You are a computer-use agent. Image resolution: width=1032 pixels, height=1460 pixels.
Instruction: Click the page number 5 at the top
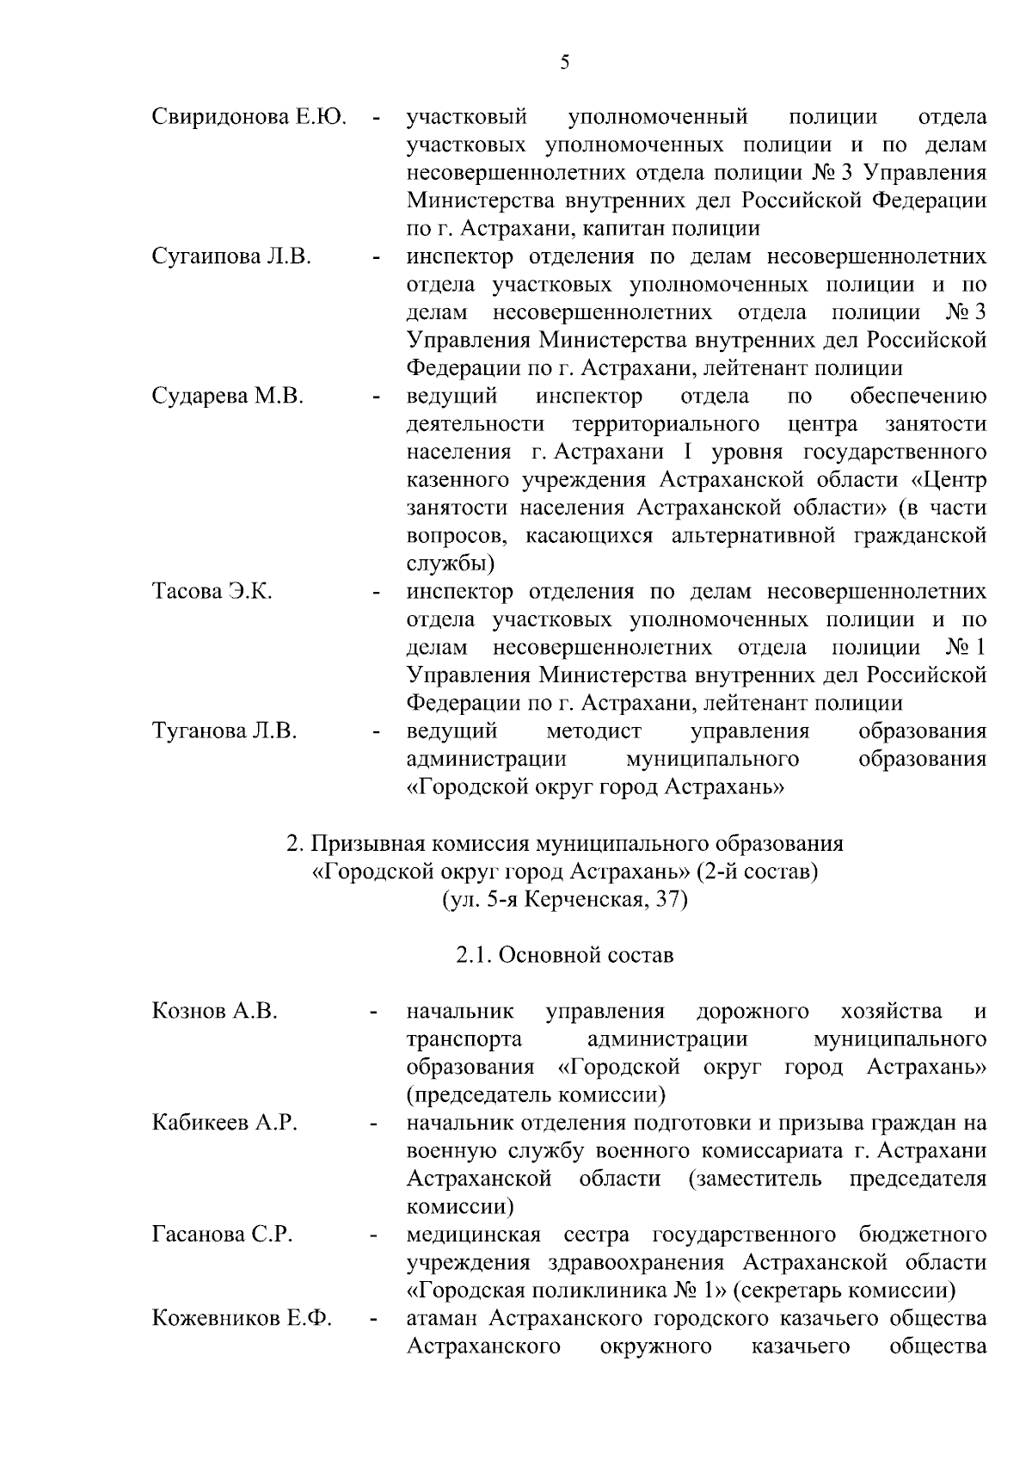tap(564, 62)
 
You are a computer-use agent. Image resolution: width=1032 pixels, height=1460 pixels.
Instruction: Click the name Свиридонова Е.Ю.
tap(249, 117)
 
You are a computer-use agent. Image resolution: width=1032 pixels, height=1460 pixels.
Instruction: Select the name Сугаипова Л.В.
tap(231, 257)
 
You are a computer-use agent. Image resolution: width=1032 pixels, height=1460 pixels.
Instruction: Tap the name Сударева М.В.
tap(227, 397)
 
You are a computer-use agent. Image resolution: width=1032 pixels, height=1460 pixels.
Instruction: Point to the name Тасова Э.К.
tap(212, 592)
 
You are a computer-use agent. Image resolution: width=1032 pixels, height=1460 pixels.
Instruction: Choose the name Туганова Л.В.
tap(224, 732)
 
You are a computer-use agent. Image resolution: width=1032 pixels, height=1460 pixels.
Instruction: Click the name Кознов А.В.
tap(214, 1011)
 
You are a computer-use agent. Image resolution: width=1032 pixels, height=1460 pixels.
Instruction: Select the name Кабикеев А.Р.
tap(224, 1123)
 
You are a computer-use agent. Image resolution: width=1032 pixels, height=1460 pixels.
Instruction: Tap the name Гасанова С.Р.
tap(222, 1235)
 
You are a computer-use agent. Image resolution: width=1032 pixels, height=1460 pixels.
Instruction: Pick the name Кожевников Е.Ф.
tap(242, 1319)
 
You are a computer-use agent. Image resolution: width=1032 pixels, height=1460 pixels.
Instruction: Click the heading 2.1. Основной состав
tap(564, 955)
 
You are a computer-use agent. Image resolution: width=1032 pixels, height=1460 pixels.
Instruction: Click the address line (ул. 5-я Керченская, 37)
tap(564, 900)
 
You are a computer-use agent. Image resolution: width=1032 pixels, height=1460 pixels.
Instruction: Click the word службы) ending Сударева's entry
tap(450, 564)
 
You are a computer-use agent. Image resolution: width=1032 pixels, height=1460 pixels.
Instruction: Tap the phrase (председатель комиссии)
tap(537, 1095)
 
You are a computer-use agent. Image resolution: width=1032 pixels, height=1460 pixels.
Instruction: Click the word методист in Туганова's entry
tap(593, 732)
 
